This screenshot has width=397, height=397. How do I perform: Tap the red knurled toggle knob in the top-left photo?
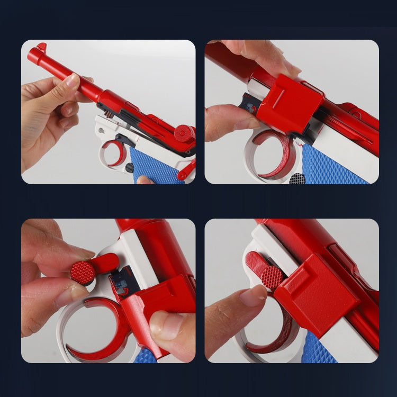click(x=184, y=132)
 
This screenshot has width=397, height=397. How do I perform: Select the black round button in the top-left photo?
click(x=130, y=168)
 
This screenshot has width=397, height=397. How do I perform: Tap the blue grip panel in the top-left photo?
click(x=154, y=165)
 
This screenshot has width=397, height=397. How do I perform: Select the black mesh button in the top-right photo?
click(x=297, y=178)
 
